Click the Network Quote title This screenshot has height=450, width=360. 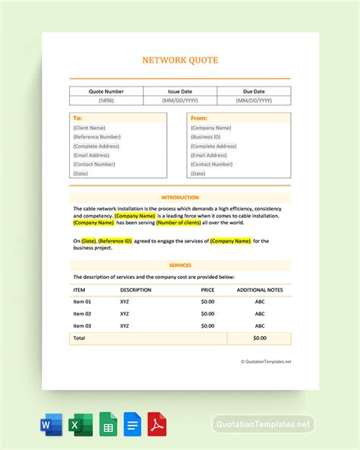180,59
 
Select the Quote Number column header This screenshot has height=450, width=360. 106,91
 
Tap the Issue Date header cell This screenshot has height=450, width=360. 180,91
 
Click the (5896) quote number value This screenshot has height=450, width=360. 106,100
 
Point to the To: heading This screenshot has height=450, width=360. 77,119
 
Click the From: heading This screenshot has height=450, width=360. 199,119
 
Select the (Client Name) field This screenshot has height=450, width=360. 90,128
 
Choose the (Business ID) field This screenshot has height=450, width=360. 207,137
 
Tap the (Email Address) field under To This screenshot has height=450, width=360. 92,155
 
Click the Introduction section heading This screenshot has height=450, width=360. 180,198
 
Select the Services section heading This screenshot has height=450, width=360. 180,265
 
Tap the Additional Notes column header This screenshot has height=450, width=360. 260,290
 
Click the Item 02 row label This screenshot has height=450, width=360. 82,313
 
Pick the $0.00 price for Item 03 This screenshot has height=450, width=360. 207,325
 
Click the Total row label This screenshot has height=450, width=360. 78,337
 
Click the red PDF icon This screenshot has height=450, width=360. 156,424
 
